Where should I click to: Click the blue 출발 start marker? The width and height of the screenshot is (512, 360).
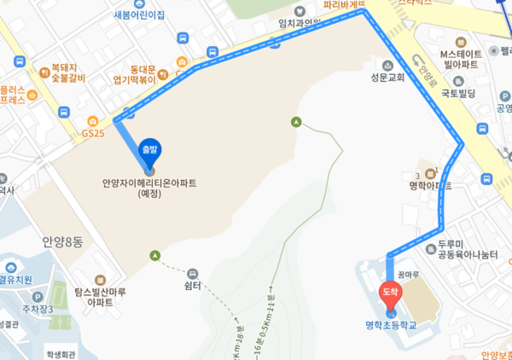[150, 151]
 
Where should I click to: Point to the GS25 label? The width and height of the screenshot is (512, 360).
[92, 133]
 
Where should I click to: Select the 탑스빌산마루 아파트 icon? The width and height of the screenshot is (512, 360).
[100, 279]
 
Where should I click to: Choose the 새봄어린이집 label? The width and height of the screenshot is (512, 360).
[137, 15]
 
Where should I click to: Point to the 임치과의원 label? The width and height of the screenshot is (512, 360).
[298, 23]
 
